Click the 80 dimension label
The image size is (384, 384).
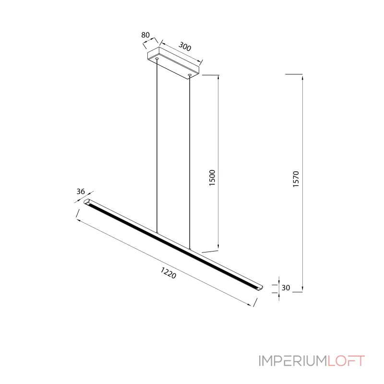(145, 35)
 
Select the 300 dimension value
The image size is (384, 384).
(185, 46)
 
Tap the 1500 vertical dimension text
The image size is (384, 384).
(212, 178)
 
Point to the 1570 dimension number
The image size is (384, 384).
(296, 179)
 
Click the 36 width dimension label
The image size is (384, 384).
(81, 191)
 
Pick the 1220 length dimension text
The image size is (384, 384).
(168, 273)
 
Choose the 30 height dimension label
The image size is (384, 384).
(286, 288)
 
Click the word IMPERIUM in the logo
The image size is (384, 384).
(293, 361)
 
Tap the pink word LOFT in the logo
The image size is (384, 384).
(346, 361)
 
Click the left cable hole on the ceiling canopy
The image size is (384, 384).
(157, 59)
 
